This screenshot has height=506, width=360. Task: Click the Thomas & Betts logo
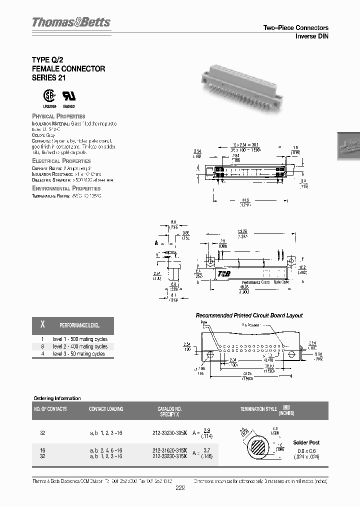[71, 22]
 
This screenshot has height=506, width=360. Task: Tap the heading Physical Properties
[58, 116]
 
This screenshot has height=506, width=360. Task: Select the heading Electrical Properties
[61, 161]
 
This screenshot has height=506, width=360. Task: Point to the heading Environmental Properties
[66, 188]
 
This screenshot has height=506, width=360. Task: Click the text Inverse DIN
[311, 36]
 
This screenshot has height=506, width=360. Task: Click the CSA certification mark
[47, 96]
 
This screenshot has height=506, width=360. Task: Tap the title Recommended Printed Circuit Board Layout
[249, 315]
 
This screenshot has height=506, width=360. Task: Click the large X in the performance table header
[42, 325]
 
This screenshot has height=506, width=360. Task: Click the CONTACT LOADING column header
[105, 409]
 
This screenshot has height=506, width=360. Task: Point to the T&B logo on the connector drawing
[223, 273]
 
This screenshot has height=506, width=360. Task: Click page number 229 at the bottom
[180, 489]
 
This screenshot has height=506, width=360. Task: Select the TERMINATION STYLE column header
[258, 409]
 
